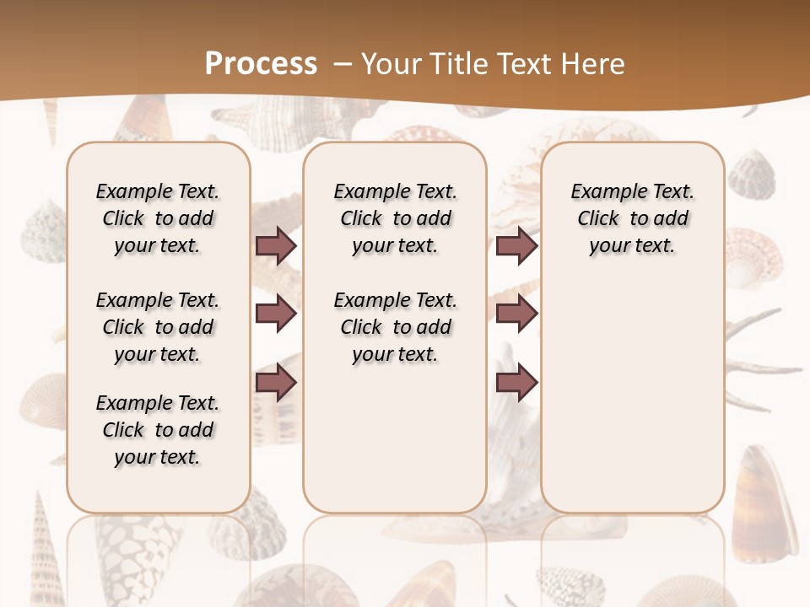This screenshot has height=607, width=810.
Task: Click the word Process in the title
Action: tap(261, 63)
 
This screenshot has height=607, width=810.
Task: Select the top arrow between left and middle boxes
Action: tap(276, 246)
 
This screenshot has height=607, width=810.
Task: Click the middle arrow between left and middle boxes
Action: tap(276, 314)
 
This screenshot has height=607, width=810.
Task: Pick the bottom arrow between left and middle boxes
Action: tap(276, 382)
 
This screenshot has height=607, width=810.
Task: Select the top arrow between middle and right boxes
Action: tap(516, 246)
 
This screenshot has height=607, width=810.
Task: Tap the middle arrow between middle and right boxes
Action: tap(516, 314)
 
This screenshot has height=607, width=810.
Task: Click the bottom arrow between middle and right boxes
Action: tap(516, 382)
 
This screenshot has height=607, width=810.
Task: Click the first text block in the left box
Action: tap(158, 218)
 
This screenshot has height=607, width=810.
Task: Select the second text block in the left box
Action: tap(158, 327)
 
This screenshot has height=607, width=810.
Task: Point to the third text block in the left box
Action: tap(158, 430)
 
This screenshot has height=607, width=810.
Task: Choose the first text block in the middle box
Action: tap(395, 218)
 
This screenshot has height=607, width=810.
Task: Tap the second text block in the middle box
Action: tap(395, 327)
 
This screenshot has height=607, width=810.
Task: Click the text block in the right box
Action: tap(632, 218)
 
